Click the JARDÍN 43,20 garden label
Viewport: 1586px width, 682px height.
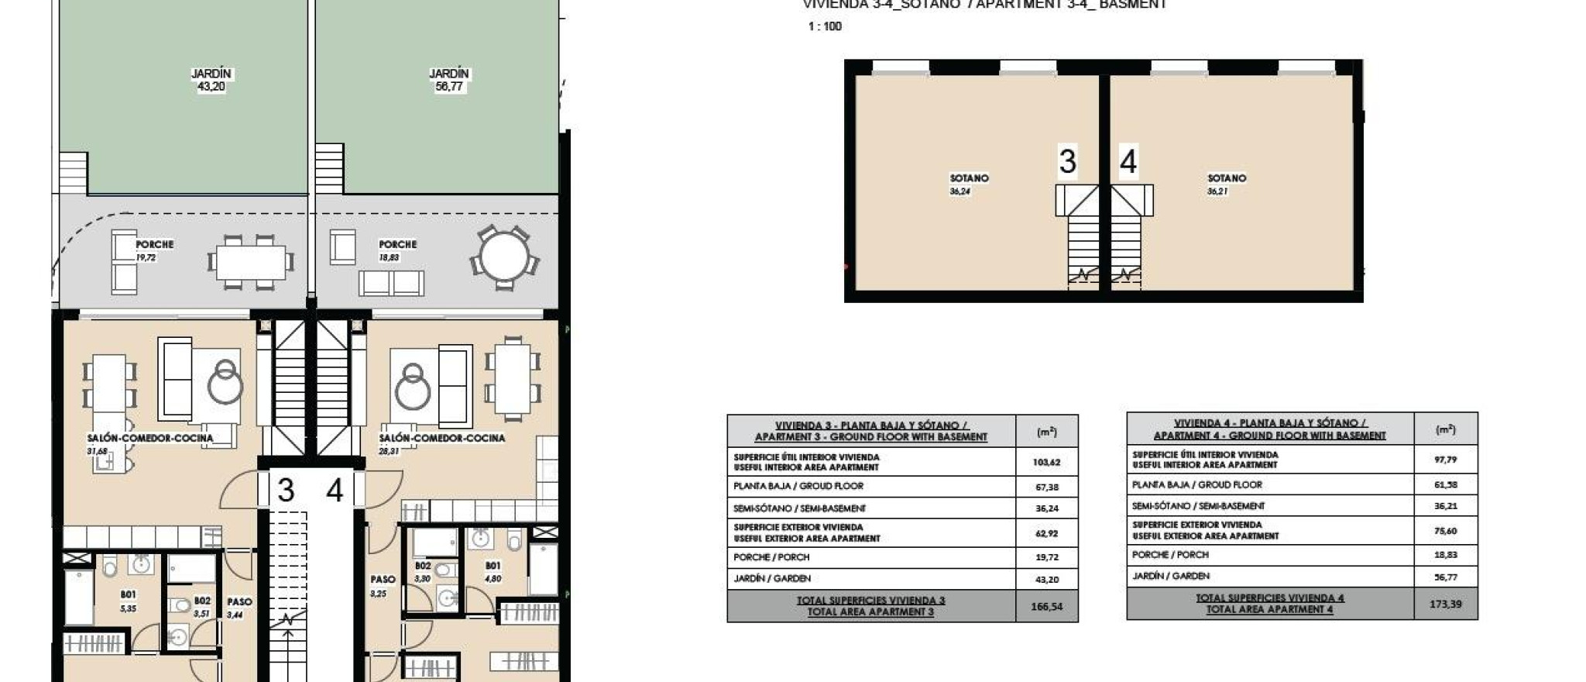point(211,80)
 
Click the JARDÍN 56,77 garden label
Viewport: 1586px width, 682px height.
point(448,80)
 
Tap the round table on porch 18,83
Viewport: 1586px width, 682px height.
point(504,257)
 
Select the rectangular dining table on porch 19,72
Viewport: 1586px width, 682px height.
point(250,263)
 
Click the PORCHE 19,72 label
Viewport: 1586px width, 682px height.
point(153,250)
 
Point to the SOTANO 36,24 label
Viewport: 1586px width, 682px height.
point(968,184)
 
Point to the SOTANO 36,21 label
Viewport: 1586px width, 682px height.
point(1226,184)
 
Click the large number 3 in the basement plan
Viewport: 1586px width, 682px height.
point(1067,162)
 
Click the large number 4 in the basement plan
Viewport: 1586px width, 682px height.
point(1128,162)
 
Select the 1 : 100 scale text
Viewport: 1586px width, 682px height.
point(824,26)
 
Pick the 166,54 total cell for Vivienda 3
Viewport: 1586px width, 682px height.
point(1046,607)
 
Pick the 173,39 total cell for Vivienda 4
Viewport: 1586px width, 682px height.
point(1445,604)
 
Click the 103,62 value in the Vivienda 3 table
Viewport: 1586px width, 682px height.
point(1046,462)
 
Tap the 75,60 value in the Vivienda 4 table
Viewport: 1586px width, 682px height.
point(1445,531)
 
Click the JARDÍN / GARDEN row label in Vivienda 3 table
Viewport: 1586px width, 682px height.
point(772,578)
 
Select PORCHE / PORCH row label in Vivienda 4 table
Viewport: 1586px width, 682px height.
point(1170,555)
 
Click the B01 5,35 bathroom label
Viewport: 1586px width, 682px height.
point(128,601)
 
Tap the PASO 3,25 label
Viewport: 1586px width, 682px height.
point(382,586)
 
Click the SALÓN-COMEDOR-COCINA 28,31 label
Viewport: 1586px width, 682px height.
point(441,443)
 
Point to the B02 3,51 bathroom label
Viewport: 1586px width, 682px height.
point(201,607)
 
